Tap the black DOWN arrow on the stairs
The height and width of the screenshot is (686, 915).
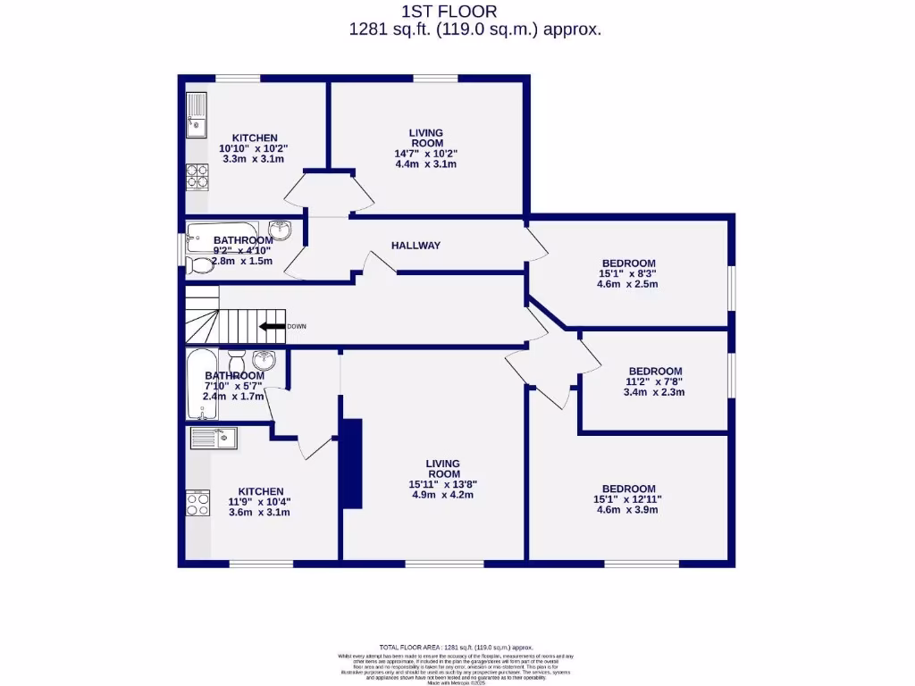[x=272, y=326]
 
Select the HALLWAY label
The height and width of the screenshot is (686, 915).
[x=416, y=246]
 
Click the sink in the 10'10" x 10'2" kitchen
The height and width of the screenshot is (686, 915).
[x=196, y=116]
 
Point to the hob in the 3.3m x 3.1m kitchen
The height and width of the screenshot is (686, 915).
[x=197, y=177]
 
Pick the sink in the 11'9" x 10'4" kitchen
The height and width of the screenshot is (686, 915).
[x=213, y=438]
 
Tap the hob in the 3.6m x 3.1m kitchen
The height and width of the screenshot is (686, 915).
[x=197, y=504]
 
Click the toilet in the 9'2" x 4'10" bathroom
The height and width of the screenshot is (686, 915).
[x=201, y=264]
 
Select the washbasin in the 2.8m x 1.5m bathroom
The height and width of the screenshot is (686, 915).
[x=280, y=230]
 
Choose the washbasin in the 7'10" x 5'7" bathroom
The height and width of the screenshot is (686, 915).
[x=264, y=360]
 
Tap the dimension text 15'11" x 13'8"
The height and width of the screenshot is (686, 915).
[x=443, y=485]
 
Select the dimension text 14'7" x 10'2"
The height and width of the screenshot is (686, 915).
[x=426, y=154]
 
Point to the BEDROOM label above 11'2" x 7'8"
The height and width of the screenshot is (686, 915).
[x=655, y=371]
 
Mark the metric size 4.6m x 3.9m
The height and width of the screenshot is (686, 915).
[x=628, y=511]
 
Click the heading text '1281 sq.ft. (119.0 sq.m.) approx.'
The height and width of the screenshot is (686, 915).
[x=474, y=29]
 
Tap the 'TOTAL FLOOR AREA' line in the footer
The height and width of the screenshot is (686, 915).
[x=456, y=647]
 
